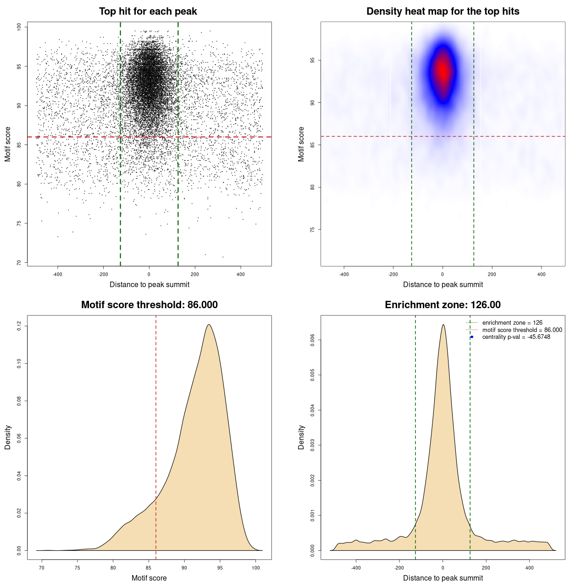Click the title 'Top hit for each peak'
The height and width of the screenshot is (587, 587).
point(148,11)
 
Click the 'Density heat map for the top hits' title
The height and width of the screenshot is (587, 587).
point(443,11)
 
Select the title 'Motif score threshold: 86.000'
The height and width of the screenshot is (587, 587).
point(149,305)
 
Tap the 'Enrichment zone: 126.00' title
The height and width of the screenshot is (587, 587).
point(443,305)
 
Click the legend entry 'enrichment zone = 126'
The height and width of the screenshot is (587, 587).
point(512,323)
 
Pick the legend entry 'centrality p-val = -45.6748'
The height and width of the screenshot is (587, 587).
point(516,337)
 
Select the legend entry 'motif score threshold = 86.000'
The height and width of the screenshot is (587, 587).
point(522,330)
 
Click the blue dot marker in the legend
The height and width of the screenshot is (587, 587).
point(472,337)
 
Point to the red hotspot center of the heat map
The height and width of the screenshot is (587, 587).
point(443,71)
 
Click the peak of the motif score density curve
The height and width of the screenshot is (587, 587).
point(209,325)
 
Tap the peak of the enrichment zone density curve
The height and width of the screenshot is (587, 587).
point(443,325)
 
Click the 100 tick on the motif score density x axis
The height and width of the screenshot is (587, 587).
point(256,568)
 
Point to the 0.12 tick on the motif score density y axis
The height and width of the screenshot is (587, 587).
point(19,326)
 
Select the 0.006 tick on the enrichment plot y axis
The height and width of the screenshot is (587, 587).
point(312,340)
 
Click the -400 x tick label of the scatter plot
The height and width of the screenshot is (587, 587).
point(57,274)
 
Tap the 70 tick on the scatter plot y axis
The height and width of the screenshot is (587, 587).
point(19,262)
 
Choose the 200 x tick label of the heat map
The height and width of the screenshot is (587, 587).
point(492,274)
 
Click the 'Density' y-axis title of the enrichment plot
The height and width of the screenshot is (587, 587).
point(301,437)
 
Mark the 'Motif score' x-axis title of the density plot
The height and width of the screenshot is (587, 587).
point(149,578)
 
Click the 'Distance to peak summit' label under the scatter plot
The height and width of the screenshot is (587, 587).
point(150,284)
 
